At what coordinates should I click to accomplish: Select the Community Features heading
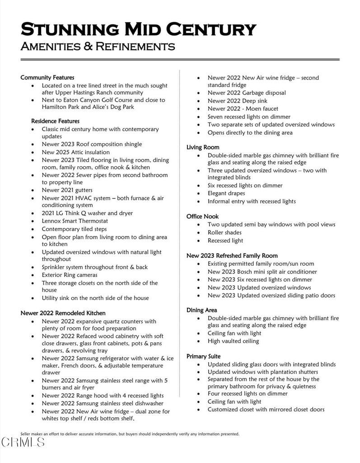47,78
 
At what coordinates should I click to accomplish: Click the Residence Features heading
55,121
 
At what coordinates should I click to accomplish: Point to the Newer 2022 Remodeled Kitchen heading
63,313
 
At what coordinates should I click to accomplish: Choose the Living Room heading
203,147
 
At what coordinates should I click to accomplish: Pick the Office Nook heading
202,217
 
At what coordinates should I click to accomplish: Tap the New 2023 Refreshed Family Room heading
232,256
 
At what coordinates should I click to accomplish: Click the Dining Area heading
201,310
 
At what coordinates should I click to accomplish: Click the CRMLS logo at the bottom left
23,442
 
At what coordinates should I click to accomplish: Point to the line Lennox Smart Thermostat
75,221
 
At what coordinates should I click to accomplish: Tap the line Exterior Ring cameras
70,275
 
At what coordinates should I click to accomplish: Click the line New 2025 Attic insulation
75,152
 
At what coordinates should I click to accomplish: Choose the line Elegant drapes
226,194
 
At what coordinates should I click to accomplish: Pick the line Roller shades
225,232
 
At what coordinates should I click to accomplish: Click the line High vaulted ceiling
233,341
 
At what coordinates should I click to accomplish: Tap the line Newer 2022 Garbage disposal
247,93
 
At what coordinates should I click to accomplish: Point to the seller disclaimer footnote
130,434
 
